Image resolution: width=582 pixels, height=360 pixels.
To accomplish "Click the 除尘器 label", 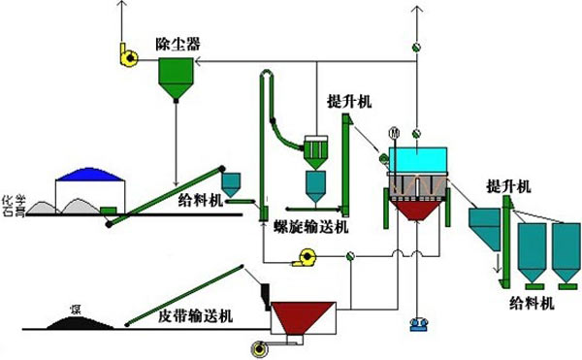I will pyautogui.click(x=177, y=43).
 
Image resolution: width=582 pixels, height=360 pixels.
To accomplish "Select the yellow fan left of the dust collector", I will pyautogui.click(x=127, y=57).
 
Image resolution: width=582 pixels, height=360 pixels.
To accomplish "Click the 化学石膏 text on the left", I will pyautogui.click(x=11, y=199).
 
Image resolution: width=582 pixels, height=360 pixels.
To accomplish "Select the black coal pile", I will pyautogui.click(x=73, y=322).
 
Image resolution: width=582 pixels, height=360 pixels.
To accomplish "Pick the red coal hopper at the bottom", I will pyautogui.click(x=303, y=316).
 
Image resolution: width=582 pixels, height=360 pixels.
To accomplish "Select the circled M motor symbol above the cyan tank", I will pyautogui.click(x=394, y=132).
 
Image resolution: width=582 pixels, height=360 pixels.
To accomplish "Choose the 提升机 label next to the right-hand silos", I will pyautogui.click(x=509, y=185).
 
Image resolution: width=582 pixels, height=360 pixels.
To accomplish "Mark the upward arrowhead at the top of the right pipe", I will pyautogui.click(x=417, y=8).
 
